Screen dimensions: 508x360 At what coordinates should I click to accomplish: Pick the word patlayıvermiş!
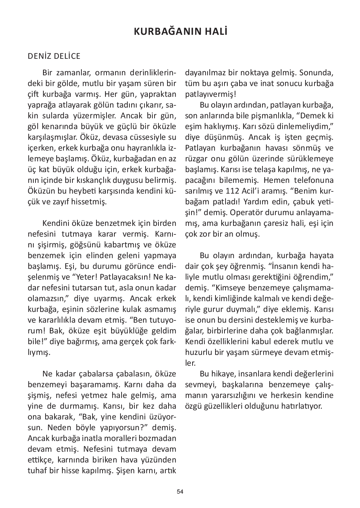click(x=210, y=95)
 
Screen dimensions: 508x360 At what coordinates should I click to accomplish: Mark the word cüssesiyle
click(x=148, y=137)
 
